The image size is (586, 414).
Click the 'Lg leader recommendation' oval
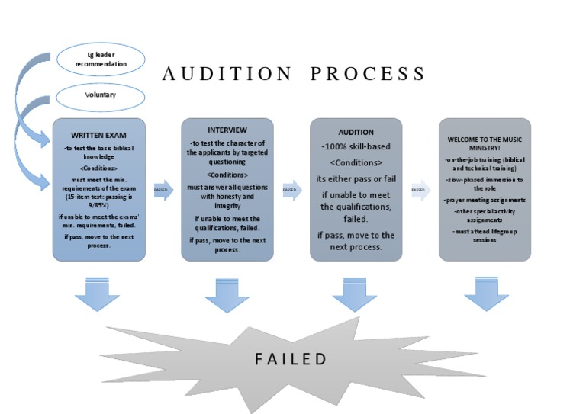point(100,59)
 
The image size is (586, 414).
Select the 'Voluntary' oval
point(100,97)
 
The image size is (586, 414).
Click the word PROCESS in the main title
point(367,74)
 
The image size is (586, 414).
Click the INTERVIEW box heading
point(227,130)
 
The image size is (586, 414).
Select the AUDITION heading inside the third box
point(355,132)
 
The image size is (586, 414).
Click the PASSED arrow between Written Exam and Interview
point(163,190)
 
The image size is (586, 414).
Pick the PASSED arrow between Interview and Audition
point(291,190)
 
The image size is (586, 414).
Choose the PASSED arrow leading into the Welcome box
point(419,190)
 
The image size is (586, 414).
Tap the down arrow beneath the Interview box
point(227,294)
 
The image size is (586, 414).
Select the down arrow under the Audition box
point(355,294)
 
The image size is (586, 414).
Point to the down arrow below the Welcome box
point(485,294)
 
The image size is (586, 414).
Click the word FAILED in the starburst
point(291,359)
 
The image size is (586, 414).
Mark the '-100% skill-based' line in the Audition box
point(355,146)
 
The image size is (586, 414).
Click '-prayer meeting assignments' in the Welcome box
point(485,200)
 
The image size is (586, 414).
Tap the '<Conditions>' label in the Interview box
point(227,175)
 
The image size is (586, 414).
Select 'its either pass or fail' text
point(355,179)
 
